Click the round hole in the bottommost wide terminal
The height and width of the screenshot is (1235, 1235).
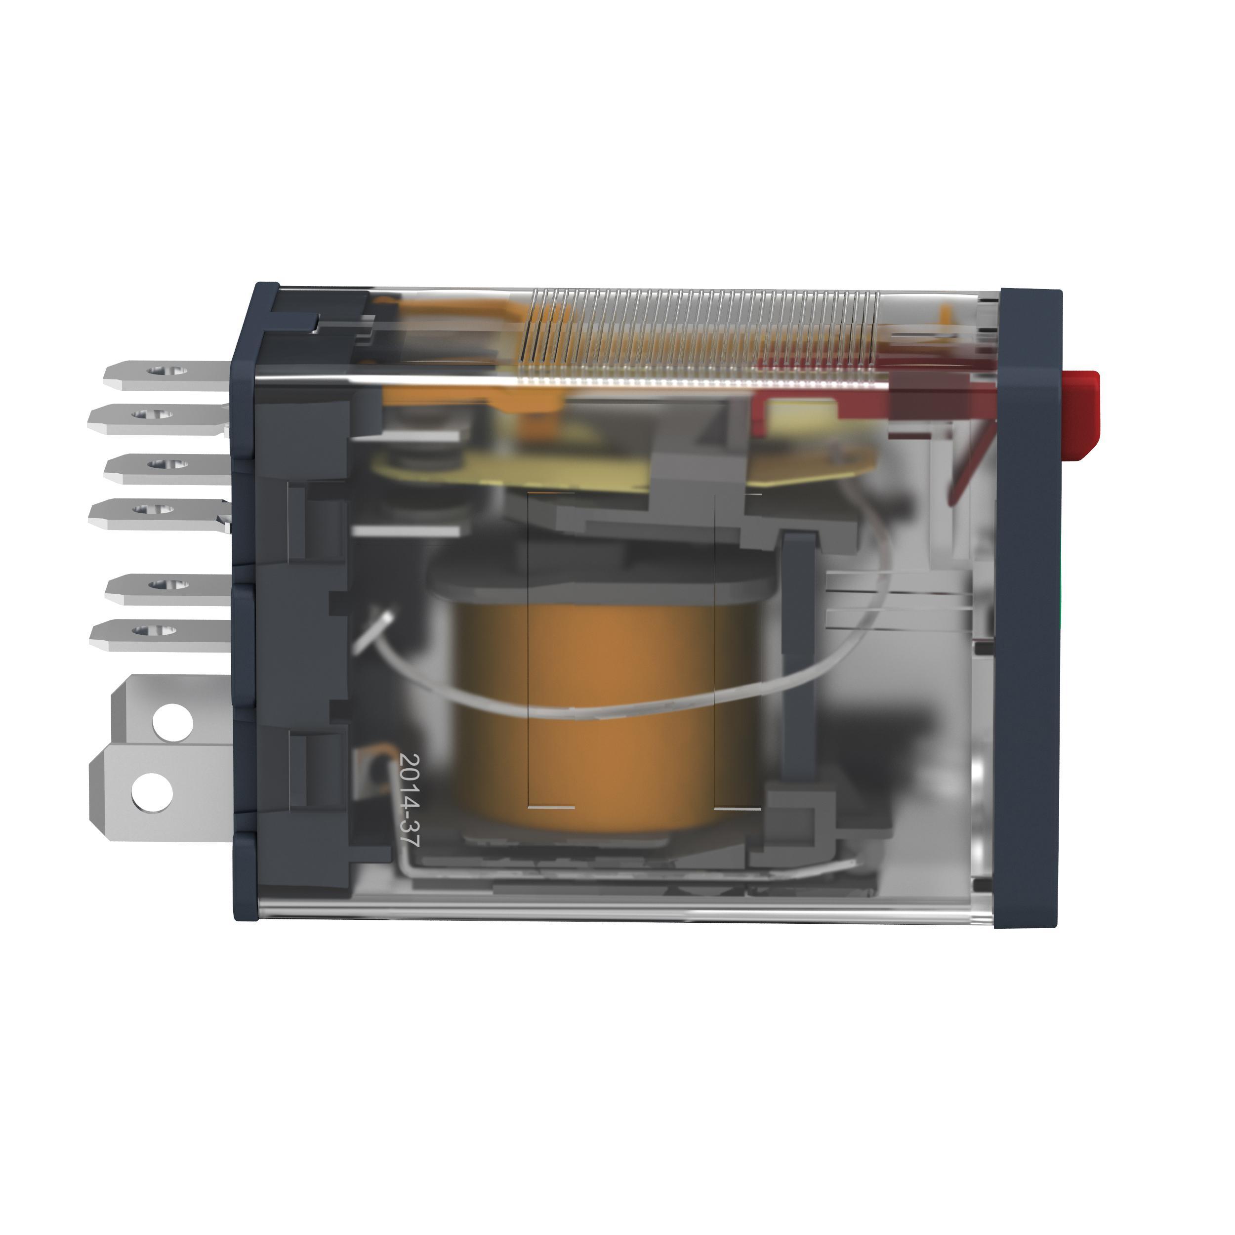(x=152, y=791)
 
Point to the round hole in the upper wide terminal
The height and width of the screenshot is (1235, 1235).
(x=172, y=722)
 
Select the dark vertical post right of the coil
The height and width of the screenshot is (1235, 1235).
(x=799, y=659)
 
